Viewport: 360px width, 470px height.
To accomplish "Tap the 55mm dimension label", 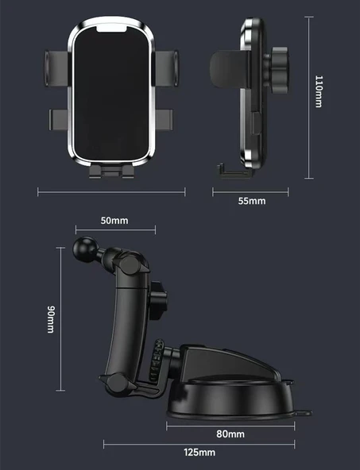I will point(252,201).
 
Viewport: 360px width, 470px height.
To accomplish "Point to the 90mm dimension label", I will point(48,319).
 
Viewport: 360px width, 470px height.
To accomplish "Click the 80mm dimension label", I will point(230,433).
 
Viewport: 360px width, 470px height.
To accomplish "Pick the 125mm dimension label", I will point(199,453).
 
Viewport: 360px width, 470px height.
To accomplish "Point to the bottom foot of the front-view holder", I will point(111,171).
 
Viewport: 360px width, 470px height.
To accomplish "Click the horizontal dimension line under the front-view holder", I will point(111,191).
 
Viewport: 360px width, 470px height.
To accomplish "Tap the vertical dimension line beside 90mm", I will point(60,319).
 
